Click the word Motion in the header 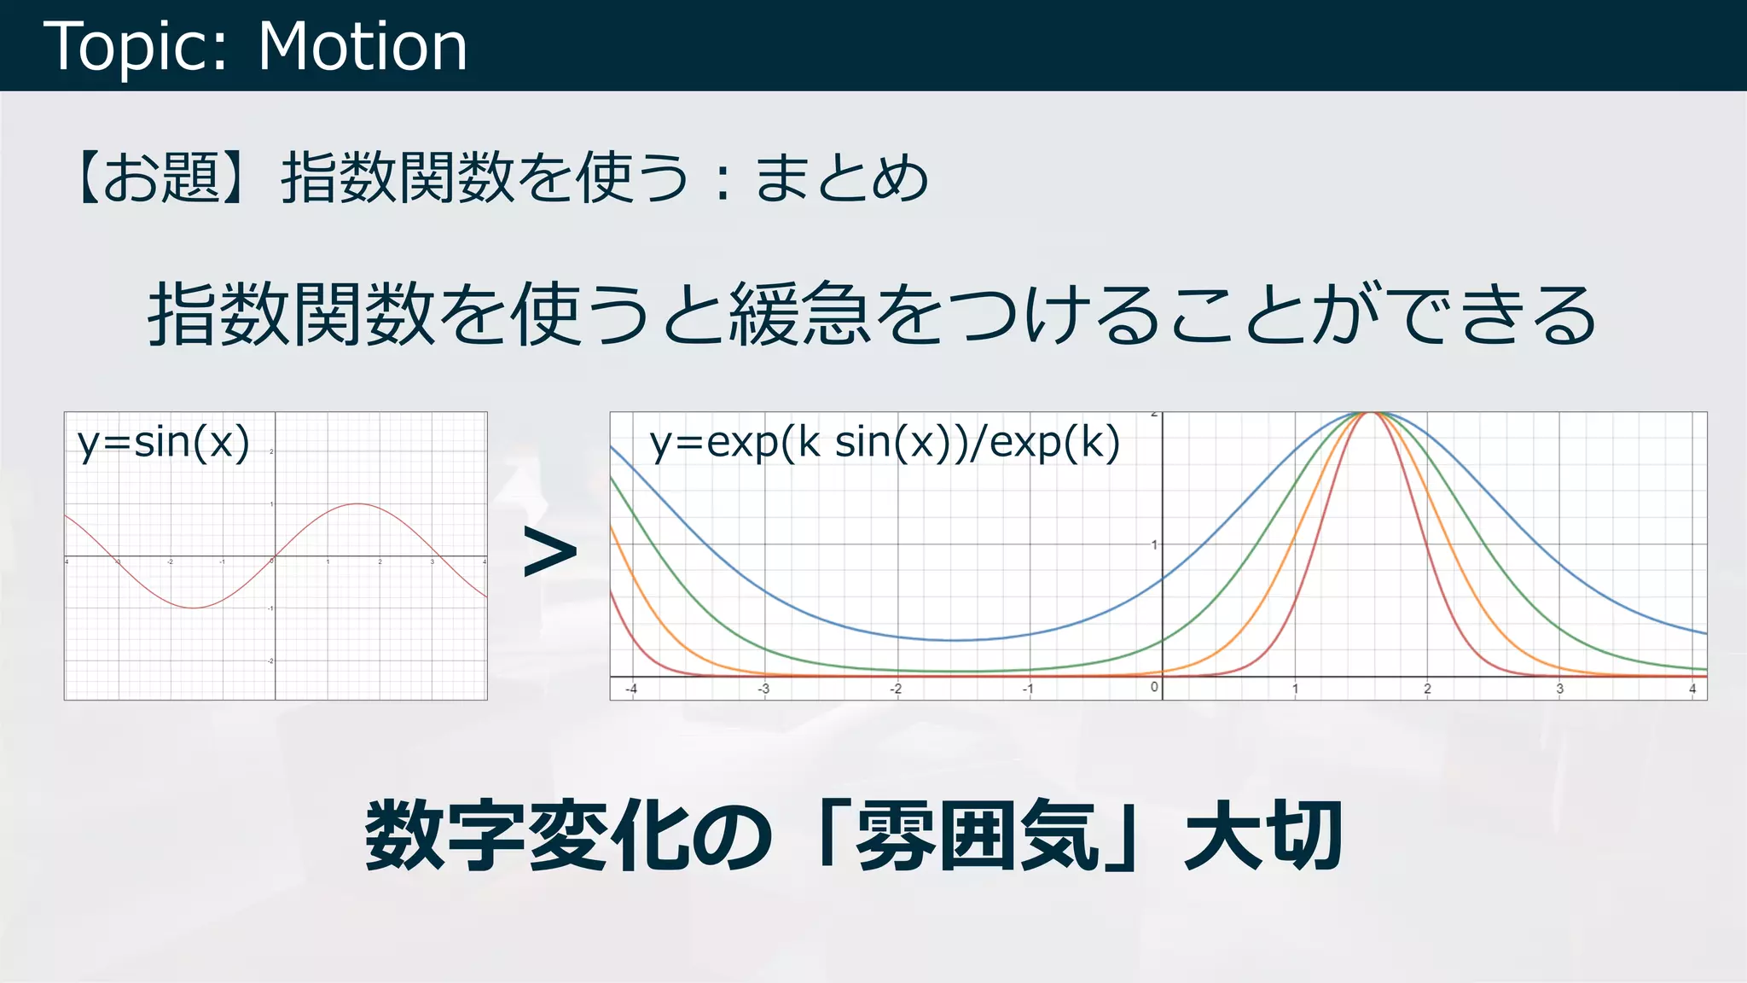[363, 46]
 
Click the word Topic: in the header [136, 46]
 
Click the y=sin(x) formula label [164, 442]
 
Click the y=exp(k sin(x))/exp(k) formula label [885, 442]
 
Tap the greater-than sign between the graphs [549, 552]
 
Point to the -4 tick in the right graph [631, 689]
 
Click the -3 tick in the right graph [763, 689]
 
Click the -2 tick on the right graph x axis [896, 689]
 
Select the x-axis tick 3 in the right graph [1559, 689]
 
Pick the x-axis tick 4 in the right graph [1692, 689]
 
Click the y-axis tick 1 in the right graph [1154, 544]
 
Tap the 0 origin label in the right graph [1154, 687]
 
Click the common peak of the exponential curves [1372, 413]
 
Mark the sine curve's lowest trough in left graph [194, 608]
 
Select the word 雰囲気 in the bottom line [977, 836]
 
